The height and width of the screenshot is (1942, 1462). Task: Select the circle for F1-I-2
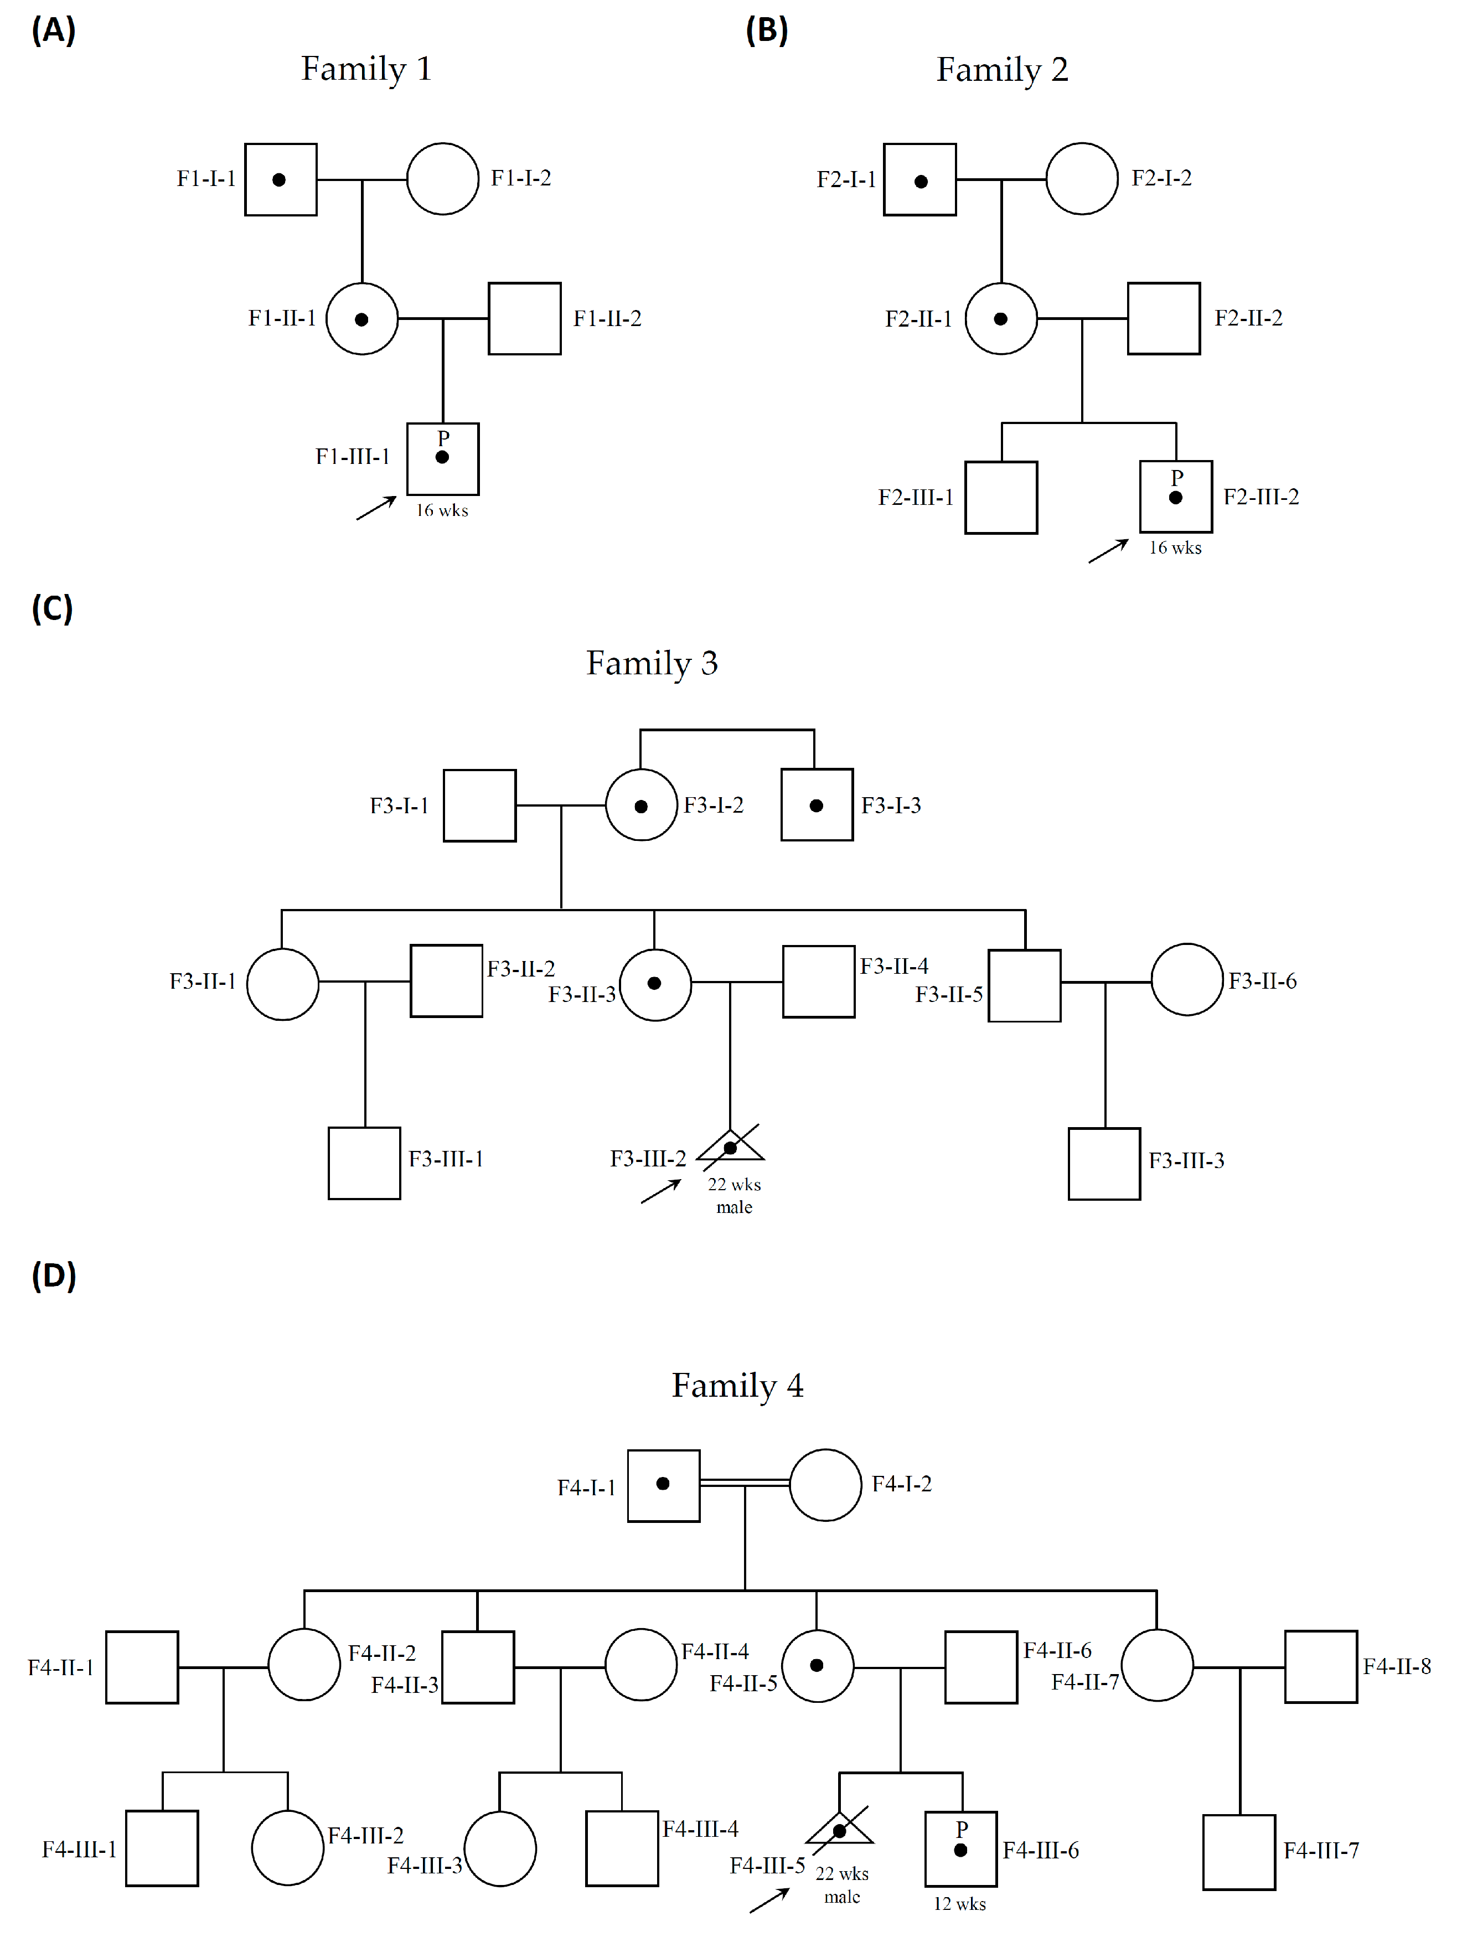pyautogui.click(x=442, y=179)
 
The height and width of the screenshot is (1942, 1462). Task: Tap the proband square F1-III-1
pyautogui.click(x=442, y=459)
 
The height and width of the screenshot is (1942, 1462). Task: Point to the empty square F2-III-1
pyautogui.click(x=1001, y=497)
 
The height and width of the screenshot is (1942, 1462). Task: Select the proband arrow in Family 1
pyautogui.click(x=376, y=508)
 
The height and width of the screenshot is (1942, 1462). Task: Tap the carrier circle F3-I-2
pyautogui.click(x=641, y=805)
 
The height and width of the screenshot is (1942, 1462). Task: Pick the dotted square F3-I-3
pyautogui.click(x=817, y=805)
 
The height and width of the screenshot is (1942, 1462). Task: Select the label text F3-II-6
pyautogui.click(x=1262, y=980)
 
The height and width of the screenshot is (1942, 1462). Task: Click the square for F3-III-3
pyautogui.click(x=1104, y=1163)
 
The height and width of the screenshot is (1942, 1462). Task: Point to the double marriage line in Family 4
pyautogui.click(x=745, y=1483)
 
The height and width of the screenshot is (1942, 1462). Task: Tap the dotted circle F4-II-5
pyautogui.click(x=817, y=1665)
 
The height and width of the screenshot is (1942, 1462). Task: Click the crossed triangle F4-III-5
pyautogui.click(x=839, y=1831)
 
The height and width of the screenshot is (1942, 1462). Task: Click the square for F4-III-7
pyautogui.click(x=1238, y=1852)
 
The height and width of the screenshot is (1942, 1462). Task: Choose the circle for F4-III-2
pyautogui.click(x=287, y=1847)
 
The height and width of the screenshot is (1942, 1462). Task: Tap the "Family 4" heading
pyautogui.click(x=737, y=1386)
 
